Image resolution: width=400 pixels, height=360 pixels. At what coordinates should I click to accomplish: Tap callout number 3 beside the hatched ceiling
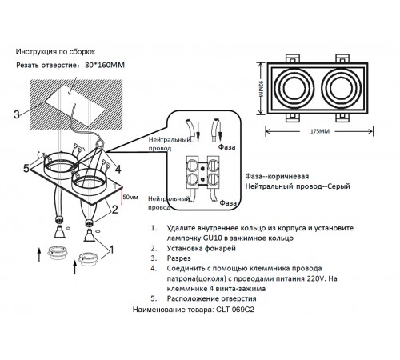(16, 114)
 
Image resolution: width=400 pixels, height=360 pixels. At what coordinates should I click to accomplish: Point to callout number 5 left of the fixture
(26, 169)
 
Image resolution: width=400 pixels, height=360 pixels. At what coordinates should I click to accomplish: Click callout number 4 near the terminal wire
(118, 169)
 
